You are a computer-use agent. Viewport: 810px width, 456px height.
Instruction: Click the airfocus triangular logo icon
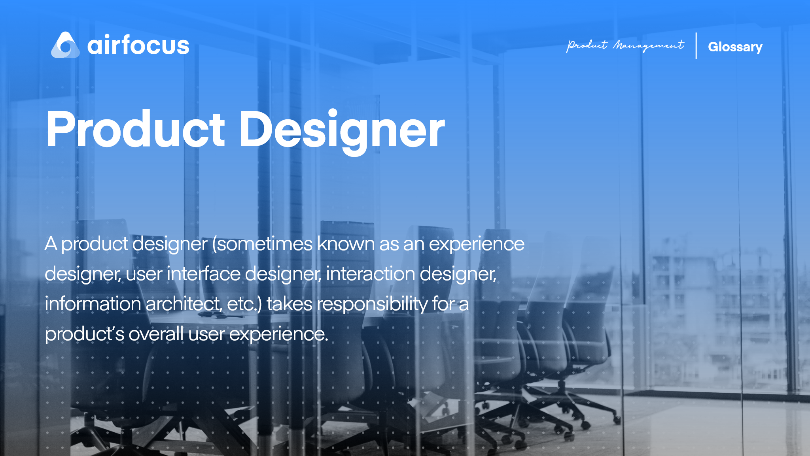click(x=65, y=45)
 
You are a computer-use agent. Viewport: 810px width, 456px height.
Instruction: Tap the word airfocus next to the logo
click(x=138, y=45)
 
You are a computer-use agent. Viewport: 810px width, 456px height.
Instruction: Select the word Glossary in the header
click(x=735, y=47)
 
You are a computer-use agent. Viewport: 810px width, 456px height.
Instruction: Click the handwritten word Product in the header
click(x=587, y=45)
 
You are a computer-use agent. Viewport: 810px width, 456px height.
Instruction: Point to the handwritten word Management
click(x=648, y=46)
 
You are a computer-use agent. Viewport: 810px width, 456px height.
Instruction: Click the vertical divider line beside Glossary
click(x=696, y=46)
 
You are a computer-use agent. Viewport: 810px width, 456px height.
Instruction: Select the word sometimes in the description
click(x=264, y=244)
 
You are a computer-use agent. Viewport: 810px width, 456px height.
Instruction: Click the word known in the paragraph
click(x=346, y=244)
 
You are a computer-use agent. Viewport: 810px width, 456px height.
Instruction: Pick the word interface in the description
click(x=204, y=274)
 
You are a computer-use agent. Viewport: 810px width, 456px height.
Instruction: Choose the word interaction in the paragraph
click(x=370, y=274)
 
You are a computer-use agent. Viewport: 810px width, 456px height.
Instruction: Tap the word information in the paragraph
click(x=93, y=304)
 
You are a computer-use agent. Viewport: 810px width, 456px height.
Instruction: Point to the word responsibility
click(x=372, y=304)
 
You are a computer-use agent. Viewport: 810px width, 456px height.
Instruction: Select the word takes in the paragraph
click(x=290, y=304)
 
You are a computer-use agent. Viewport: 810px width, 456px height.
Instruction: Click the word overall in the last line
click(x=156, y=334)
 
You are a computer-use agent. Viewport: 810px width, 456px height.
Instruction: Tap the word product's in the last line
click(x=85, y=334)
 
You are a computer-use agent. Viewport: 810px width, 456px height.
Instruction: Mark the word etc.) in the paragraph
click(x=244, y=304)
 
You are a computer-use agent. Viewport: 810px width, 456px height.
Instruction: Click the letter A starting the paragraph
click(x=51, y=244)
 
